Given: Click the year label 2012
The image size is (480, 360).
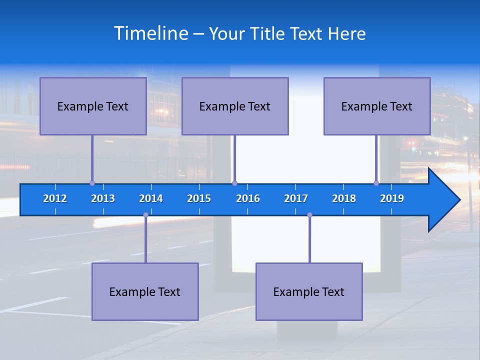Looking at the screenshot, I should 55,198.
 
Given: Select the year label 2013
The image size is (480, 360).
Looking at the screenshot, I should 103,198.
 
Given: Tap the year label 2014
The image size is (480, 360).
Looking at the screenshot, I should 151,198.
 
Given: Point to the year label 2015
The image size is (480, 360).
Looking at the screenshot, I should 199,198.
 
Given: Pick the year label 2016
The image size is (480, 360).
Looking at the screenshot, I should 248,198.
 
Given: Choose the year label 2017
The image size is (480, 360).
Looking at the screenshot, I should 296,198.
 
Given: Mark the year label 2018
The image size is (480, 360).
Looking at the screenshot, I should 344,198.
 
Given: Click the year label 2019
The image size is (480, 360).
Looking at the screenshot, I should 392,198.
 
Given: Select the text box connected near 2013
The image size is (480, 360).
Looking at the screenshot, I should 93,106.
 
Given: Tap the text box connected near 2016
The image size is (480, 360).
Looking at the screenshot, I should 235,106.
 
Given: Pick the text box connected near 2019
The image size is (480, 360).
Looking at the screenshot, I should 377,106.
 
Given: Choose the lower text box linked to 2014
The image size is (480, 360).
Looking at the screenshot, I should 145,291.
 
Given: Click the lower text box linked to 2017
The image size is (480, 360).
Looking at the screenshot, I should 309,291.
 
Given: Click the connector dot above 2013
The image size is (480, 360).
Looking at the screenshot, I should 92,183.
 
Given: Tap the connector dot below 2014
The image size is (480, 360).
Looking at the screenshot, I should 145,215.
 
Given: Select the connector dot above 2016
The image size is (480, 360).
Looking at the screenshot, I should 234,183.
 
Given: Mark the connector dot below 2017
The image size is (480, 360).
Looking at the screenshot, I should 309,215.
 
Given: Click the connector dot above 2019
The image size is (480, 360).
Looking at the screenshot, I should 376,183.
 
